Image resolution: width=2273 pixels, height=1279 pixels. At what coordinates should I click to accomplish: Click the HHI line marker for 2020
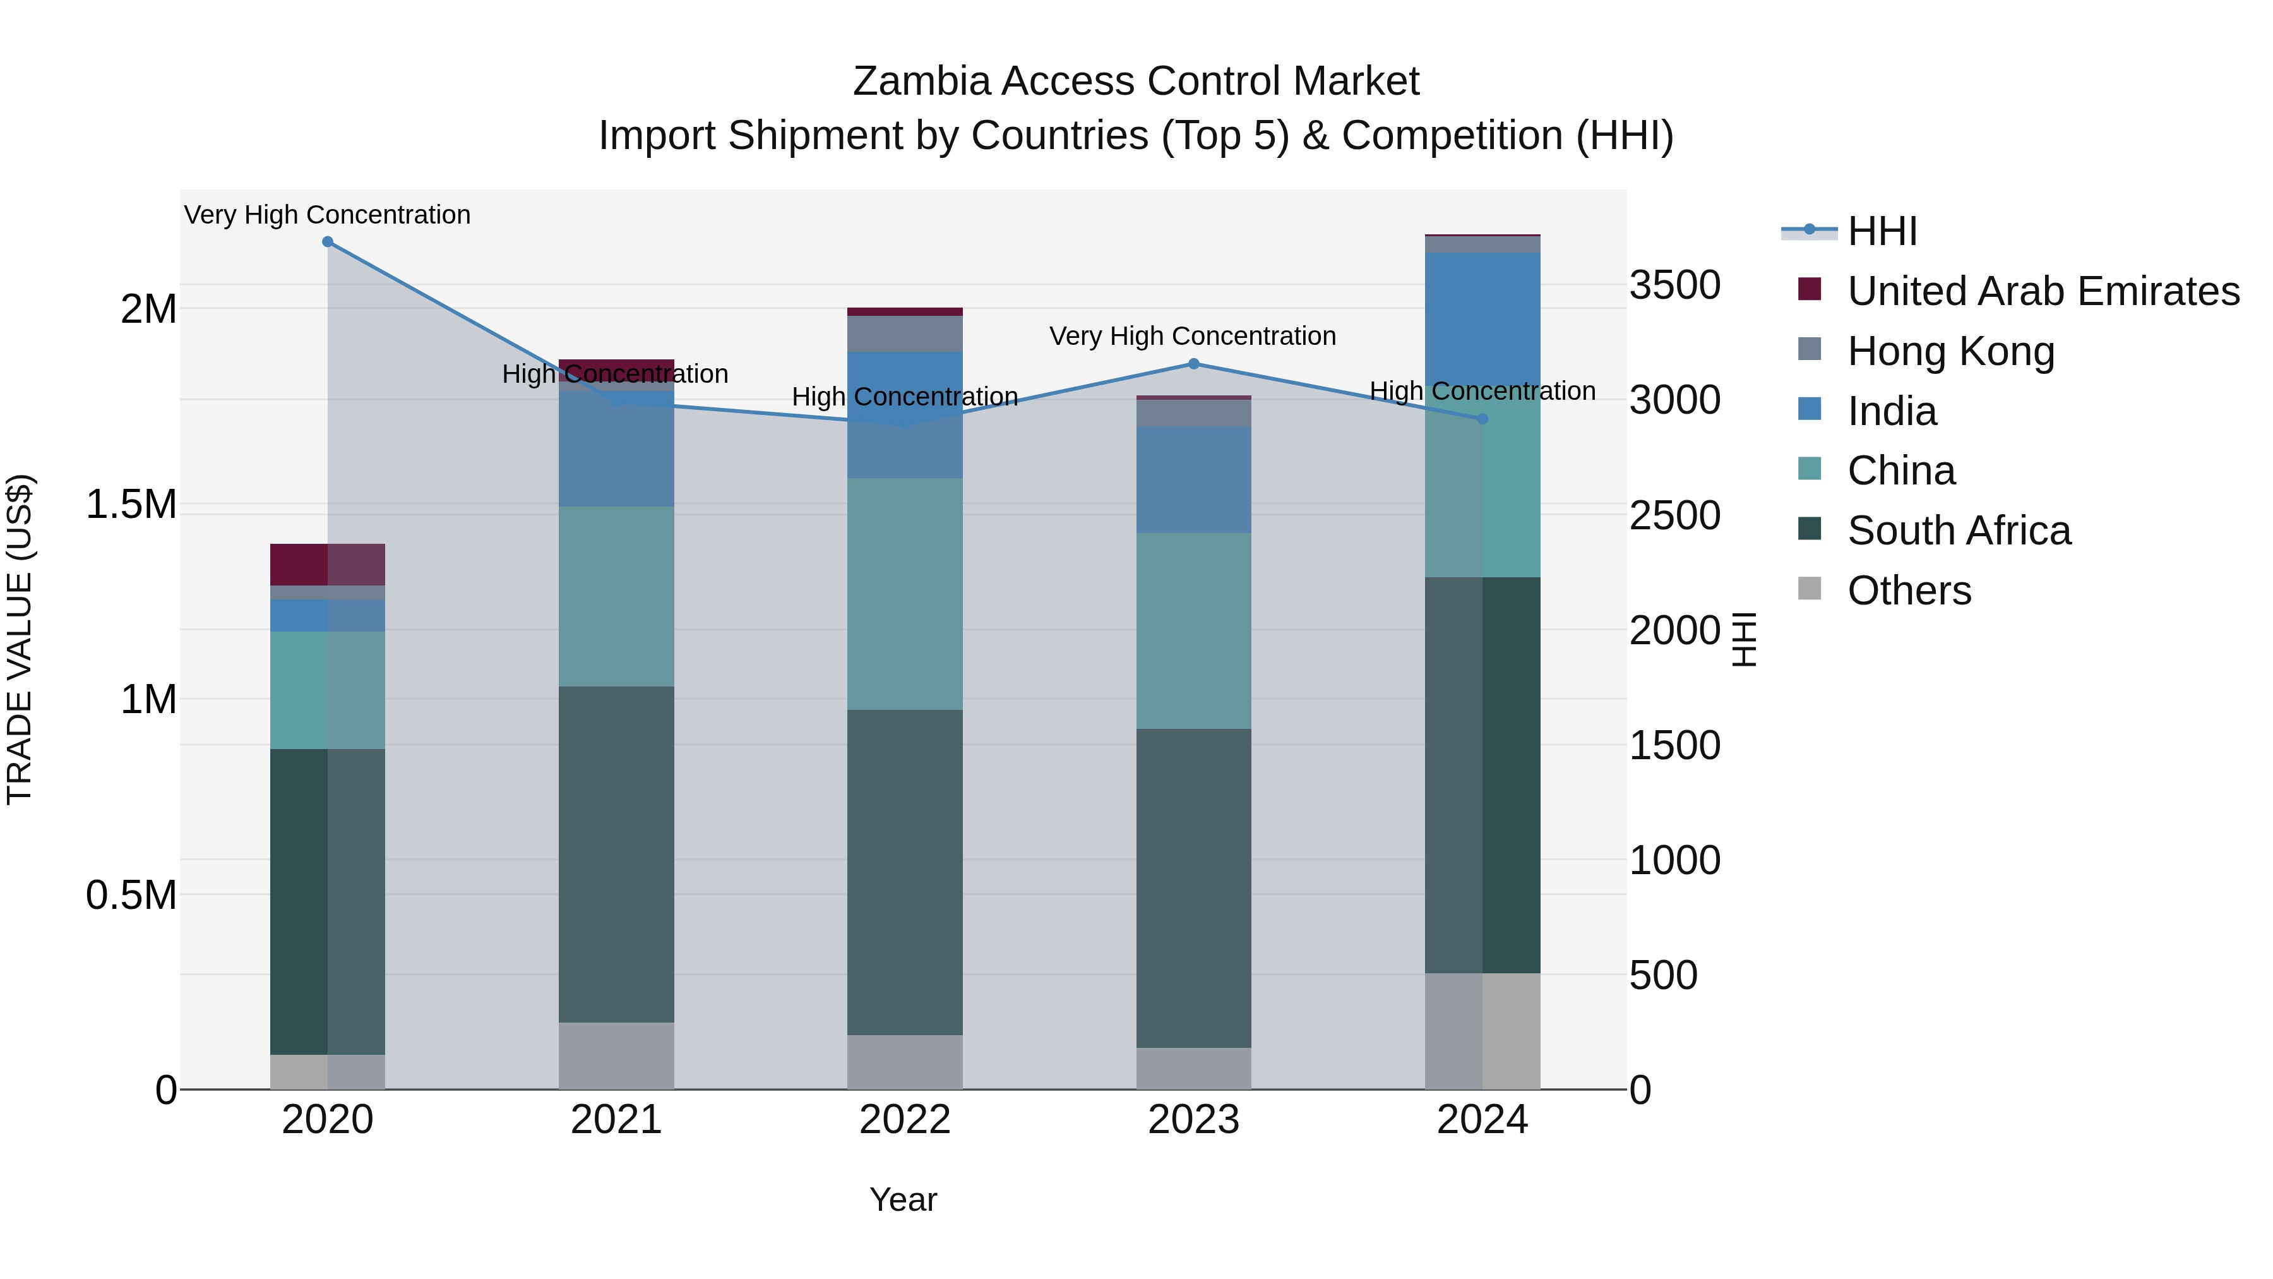tap(327, 242)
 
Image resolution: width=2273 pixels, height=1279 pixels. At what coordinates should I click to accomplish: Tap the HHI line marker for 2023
tap(1194, 364)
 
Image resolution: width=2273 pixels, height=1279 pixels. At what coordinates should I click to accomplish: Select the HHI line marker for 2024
tap(1483, 419)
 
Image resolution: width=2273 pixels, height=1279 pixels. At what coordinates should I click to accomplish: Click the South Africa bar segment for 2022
tap(904, 872)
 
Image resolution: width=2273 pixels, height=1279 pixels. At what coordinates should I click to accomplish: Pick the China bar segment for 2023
tap(1194, 630)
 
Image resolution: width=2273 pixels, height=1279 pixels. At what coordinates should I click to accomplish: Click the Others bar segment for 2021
tap(616, 1055)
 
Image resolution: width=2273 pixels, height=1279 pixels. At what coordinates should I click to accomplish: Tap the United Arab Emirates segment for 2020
tap(327, 564)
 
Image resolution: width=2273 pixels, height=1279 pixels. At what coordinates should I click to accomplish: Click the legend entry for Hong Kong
tap(1951, 351)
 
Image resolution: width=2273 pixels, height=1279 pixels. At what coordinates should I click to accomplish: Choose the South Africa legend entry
tap(1959, 531)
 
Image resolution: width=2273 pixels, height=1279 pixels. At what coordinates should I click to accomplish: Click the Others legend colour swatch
tap(1810, 589)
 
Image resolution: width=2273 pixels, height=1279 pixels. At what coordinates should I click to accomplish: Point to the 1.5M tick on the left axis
tap(131, 505)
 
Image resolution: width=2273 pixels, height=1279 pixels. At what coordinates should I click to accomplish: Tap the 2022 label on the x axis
tap(904, 1120)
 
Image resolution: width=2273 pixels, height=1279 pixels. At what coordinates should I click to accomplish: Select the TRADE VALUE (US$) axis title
tap(20, 639)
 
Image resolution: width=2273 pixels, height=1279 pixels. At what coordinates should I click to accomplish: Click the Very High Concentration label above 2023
tap(1192, 336)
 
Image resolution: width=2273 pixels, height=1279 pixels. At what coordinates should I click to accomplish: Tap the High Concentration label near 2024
tap(1483, 391)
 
